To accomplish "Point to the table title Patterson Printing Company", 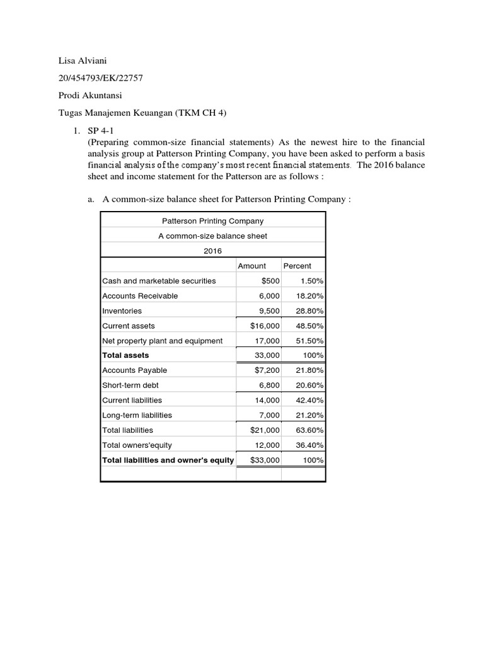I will tap(212, 221).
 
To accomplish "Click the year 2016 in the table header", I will tap(212, 251).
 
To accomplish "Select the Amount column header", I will tap(251, 266).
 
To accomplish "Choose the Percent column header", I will tap(297, 266).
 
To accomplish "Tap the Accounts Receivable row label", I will tap(140, 296).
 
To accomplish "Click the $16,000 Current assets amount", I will tap(265, 326).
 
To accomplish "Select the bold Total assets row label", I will tap(125, 355).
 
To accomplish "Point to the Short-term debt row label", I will tap(130, 385).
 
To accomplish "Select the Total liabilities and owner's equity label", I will tap(168, 460).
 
